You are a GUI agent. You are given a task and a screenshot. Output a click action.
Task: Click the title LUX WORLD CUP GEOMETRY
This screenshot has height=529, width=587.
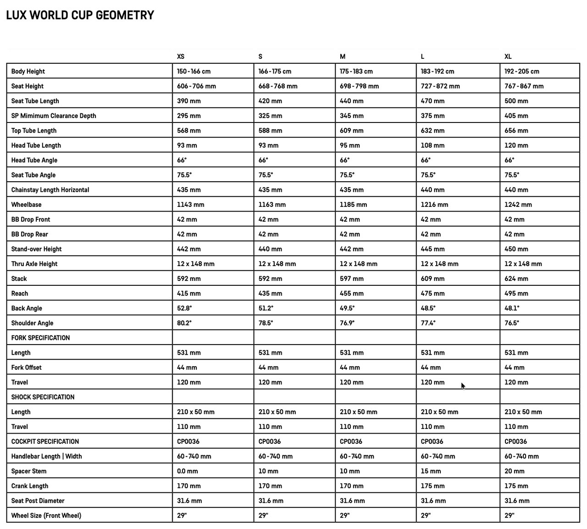coord(80,15)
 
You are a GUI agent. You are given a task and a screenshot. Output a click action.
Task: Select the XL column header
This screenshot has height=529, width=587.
coord(508,56)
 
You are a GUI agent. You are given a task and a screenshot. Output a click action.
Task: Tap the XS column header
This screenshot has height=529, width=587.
coord(181,56)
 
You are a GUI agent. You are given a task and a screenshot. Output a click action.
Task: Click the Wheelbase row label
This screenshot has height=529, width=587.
coord(26,205)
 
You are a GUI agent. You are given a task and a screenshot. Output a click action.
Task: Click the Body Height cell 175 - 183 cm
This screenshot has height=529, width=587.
coord(356,72)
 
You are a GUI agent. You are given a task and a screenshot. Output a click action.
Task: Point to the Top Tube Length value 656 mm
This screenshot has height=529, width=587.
coord(516,131)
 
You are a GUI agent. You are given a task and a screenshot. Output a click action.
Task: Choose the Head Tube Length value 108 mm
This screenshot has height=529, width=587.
coord(432,145)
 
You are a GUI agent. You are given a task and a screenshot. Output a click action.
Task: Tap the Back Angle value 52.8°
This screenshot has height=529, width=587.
coord(184,308)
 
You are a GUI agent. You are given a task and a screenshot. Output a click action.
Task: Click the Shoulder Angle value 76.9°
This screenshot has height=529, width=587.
coord(347,323)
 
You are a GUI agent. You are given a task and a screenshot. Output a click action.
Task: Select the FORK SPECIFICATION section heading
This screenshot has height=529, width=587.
coord(40,338)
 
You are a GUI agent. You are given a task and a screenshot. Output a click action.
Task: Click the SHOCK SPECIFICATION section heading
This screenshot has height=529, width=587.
coord(43,397)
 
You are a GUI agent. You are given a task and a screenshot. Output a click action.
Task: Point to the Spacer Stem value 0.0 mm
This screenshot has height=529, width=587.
coord(187,471)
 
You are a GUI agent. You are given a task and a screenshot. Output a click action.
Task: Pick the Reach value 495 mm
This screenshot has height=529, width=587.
coord(516,294)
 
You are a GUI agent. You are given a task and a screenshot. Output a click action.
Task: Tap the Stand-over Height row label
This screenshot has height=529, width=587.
coord(36,249)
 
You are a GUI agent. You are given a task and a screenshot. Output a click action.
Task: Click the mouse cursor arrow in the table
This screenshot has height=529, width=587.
coord(463,386)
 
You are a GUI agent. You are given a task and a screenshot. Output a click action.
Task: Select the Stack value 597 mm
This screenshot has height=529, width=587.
coord(351,279)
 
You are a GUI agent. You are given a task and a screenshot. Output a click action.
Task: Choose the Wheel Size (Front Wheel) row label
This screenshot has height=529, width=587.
coord(46,516)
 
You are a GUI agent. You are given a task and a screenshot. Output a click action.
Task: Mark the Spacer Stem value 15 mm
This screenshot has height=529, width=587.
coord(431,471)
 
